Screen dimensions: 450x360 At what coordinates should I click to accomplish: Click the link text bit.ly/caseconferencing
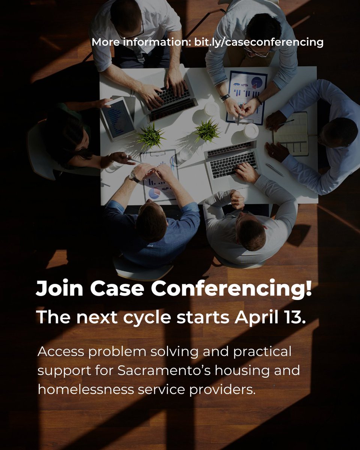point(258,42)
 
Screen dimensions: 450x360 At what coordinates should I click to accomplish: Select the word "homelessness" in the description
point(84,389)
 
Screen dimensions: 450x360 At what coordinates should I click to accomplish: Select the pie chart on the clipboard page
point(154,193)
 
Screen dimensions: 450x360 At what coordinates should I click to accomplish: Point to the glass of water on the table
point(184,155)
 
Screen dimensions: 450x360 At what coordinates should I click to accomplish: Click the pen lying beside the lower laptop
point(275,170)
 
